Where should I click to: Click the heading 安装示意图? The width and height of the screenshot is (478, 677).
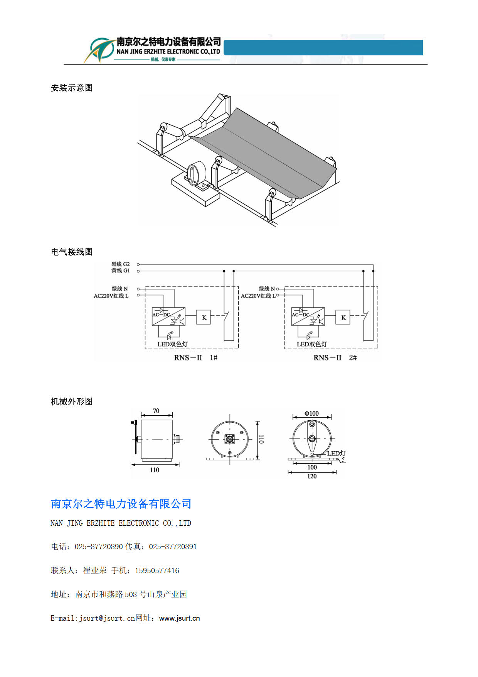(x=72, y=88)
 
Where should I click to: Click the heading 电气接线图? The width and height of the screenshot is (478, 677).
(x=72, y=252)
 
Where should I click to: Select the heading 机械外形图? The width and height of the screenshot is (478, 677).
(x=72, y=402)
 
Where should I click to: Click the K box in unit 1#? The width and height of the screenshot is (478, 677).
(x=204, y=317)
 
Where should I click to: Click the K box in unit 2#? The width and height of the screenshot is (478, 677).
(x=343, y=317)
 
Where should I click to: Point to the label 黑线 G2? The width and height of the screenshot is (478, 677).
(x=121, y=264)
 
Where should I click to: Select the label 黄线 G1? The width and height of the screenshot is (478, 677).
(x=121, y=271)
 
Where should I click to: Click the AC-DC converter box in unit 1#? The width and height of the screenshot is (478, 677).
(x=168, y=316)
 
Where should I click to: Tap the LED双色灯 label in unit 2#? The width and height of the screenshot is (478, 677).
(x=312, y=344)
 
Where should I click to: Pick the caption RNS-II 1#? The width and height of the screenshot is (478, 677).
(x=196, y=358)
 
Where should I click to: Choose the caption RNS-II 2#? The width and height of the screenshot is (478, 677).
(x=335, y=358)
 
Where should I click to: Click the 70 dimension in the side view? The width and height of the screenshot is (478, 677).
(x=156, y=411)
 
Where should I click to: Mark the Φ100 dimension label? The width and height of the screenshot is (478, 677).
(x=312, y=413)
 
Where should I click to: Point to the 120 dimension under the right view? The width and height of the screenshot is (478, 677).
(x=312, y=476)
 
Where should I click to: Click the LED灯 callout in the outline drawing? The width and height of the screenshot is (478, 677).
(x=336, y=454)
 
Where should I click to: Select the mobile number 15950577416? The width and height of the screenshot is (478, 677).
(x=157, y=570)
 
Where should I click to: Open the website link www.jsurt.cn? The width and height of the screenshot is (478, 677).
(x=180, y=618)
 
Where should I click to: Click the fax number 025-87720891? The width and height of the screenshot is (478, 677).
(x=173, y=547)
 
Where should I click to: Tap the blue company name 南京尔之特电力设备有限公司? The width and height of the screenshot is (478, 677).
(x=121, y=504)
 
